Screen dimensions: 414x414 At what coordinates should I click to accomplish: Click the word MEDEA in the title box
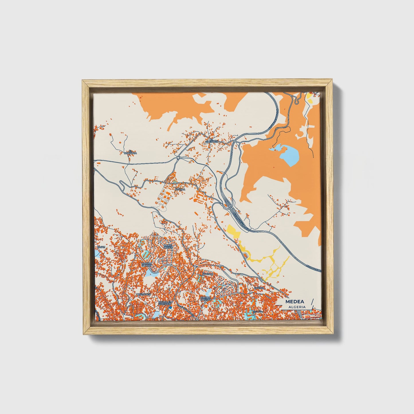295,302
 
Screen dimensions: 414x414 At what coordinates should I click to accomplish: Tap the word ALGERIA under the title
297,307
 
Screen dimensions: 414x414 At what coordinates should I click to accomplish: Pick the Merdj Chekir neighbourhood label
168,247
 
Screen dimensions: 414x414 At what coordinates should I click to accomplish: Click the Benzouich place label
144,294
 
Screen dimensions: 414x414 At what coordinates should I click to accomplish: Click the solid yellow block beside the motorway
233,231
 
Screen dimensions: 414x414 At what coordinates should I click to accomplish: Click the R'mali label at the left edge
101,247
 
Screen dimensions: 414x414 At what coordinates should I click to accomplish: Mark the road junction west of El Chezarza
178,157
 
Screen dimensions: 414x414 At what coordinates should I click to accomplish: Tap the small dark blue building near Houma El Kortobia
170,307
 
